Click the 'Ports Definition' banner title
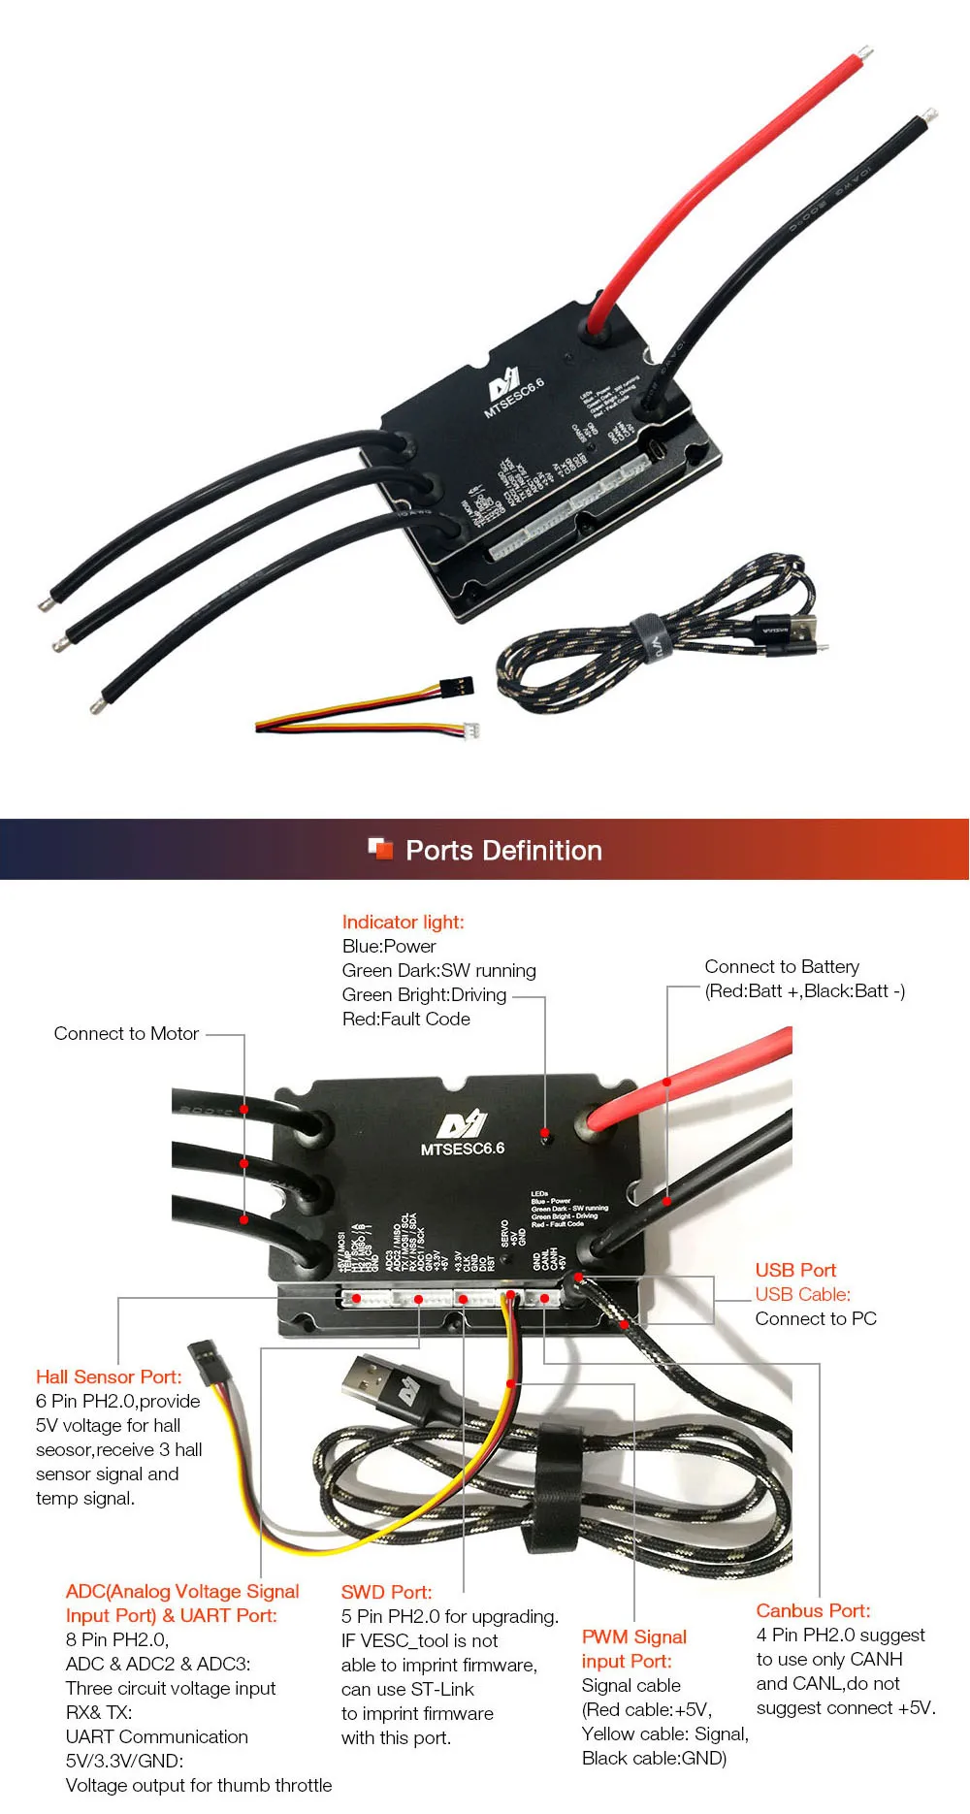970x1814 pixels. (503, 851)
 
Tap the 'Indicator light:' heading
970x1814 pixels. (403, 922)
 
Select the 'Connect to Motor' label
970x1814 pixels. (126, 1033)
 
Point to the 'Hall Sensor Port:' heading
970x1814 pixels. (109, 1377)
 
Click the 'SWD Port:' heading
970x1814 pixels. (386, 1592)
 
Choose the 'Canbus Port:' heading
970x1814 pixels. (813, 1610)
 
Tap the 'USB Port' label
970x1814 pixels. (795, 1270)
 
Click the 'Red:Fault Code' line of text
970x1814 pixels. (405, 1019)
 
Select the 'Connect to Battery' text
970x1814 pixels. (782, 966)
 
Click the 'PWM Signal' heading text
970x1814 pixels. (633, 1636)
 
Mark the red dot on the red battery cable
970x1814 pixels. (667, 1082)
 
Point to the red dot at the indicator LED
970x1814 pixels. (545, 1132)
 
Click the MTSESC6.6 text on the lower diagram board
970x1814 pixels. (463, 1149)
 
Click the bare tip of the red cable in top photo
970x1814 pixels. (861, 51)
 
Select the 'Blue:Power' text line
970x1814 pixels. (389, 946)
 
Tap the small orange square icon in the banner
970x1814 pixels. (380, 849)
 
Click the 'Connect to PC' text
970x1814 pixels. (816, 1318)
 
